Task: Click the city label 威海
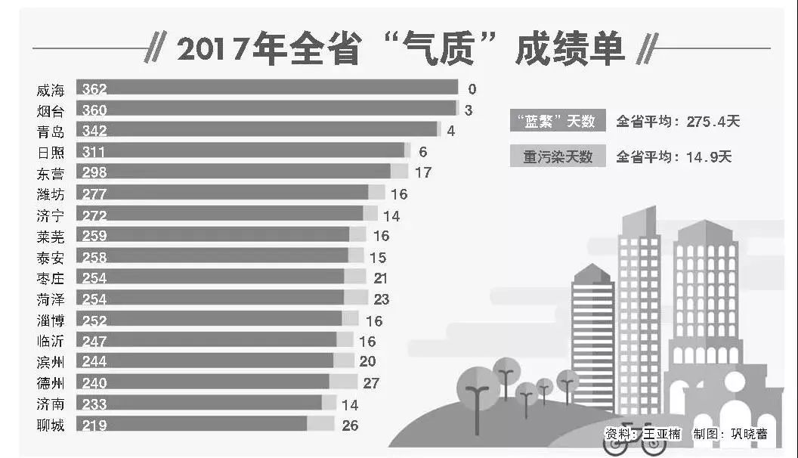[x=51, y=90]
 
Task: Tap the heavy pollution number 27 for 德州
[x=371, y=383]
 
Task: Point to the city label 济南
[x=51, y=404]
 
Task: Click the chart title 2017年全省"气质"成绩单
[x=401, y=50]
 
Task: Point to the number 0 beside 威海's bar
[x=472, y=89]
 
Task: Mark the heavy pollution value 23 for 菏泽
[x=381, y=300]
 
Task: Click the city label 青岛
[x=51, y=132]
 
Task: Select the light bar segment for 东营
[x=399, y=172]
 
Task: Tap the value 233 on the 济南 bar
[x=94, y=404]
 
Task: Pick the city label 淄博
[x=51, y=320]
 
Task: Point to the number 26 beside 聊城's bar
[x=350, y=425]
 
